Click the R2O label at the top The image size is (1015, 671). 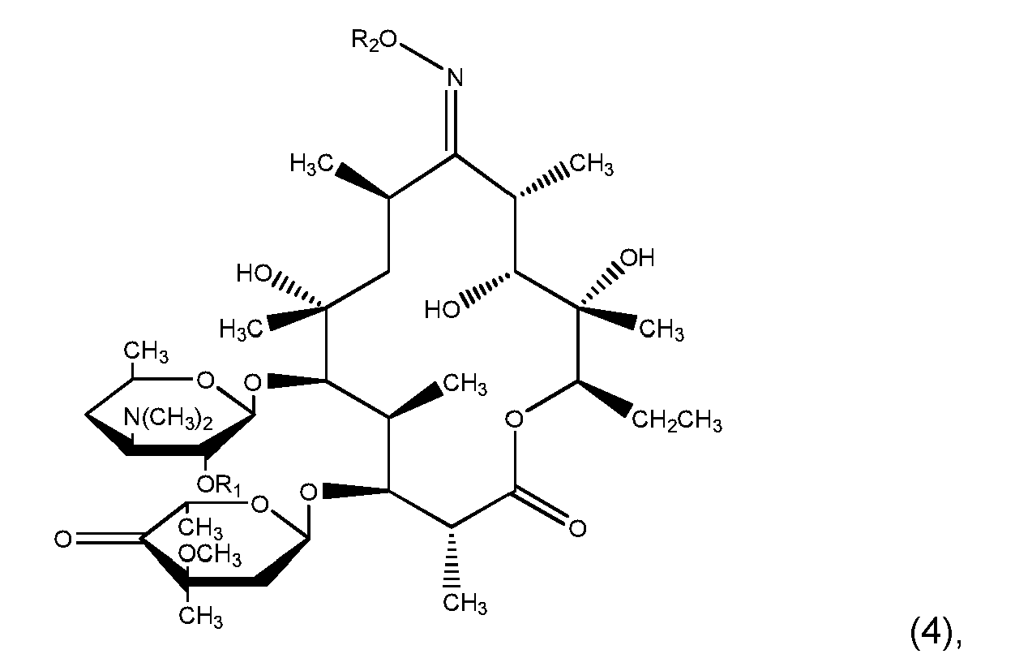[375, 41]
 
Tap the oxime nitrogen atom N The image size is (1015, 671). [455, 78]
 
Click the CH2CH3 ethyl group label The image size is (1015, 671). [676, 421]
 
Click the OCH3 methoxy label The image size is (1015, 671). [209, 555]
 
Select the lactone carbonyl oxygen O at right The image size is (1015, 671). [577, 529]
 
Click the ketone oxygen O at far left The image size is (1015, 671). [63, 540]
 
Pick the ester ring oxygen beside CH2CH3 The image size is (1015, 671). [514, 419]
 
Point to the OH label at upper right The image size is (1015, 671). [637, 257]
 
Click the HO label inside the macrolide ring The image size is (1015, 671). [442, 310]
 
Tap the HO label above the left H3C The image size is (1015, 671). [254, 273]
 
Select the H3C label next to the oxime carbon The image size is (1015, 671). [312, 164]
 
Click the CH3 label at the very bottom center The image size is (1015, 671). [465, 604]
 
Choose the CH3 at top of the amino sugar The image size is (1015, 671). [146, 352]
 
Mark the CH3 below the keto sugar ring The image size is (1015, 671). [200, 617]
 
